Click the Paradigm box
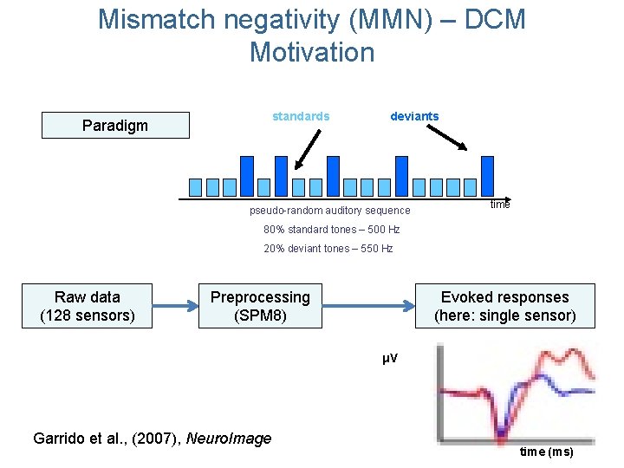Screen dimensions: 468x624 115,126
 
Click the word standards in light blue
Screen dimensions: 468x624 301,116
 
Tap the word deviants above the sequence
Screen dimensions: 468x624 414,116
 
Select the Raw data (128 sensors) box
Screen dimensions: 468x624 88,306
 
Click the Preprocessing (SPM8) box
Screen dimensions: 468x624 260,306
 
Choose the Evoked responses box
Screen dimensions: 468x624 504,306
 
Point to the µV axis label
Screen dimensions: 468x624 390,358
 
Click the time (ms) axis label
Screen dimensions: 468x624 546,452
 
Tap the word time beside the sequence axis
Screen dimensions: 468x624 500,204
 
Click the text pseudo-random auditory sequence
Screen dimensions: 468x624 329,211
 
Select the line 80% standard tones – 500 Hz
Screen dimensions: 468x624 331,230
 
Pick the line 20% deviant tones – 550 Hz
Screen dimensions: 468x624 328,249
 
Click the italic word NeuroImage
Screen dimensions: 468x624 228,439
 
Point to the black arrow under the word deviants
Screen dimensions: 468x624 449,137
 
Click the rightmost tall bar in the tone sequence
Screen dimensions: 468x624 487,176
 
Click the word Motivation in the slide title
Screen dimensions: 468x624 312,52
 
